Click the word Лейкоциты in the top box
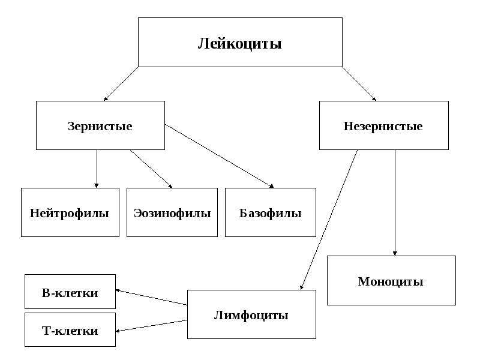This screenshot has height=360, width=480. click(x=239, y=43)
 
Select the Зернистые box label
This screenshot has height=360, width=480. click(x=100, y=126)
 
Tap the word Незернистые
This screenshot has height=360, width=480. click(x=383, y=126)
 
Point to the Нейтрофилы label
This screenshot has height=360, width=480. click(x=70, y=213)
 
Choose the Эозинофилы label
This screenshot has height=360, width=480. click(x=172, y=213)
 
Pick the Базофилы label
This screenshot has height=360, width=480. click(x=271, y=213)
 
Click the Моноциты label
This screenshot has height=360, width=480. click(x=391, y=281)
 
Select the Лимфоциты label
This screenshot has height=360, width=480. click(x=251, y=315)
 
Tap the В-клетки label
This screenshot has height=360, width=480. click(x=70, y=293)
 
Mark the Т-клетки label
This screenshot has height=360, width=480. click(x=70, y=331)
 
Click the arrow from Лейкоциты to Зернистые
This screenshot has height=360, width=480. click(x=121, y=83)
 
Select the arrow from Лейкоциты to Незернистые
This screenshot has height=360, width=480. click(x=359, y=83)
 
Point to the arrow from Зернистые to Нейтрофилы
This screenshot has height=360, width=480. click(x=97, y=169)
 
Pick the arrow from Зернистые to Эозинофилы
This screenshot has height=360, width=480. click(x=151, y=169)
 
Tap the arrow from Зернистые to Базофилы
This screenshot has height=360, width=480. click(x=219, y=156)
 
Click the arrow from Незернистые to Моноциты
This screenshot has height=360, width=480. click(x=395, y=203)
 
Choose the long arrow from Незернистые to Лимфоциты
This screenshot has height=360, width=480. click(x=329, y=220)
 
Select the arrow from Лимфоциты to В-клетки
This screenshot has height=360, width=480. click(x=151, y=297)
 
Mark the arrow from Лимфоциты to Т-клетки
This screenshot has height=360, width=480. click(x=151, y=326)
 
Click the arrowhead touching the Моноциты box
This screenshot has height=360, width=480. click(x=395, y=253)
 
